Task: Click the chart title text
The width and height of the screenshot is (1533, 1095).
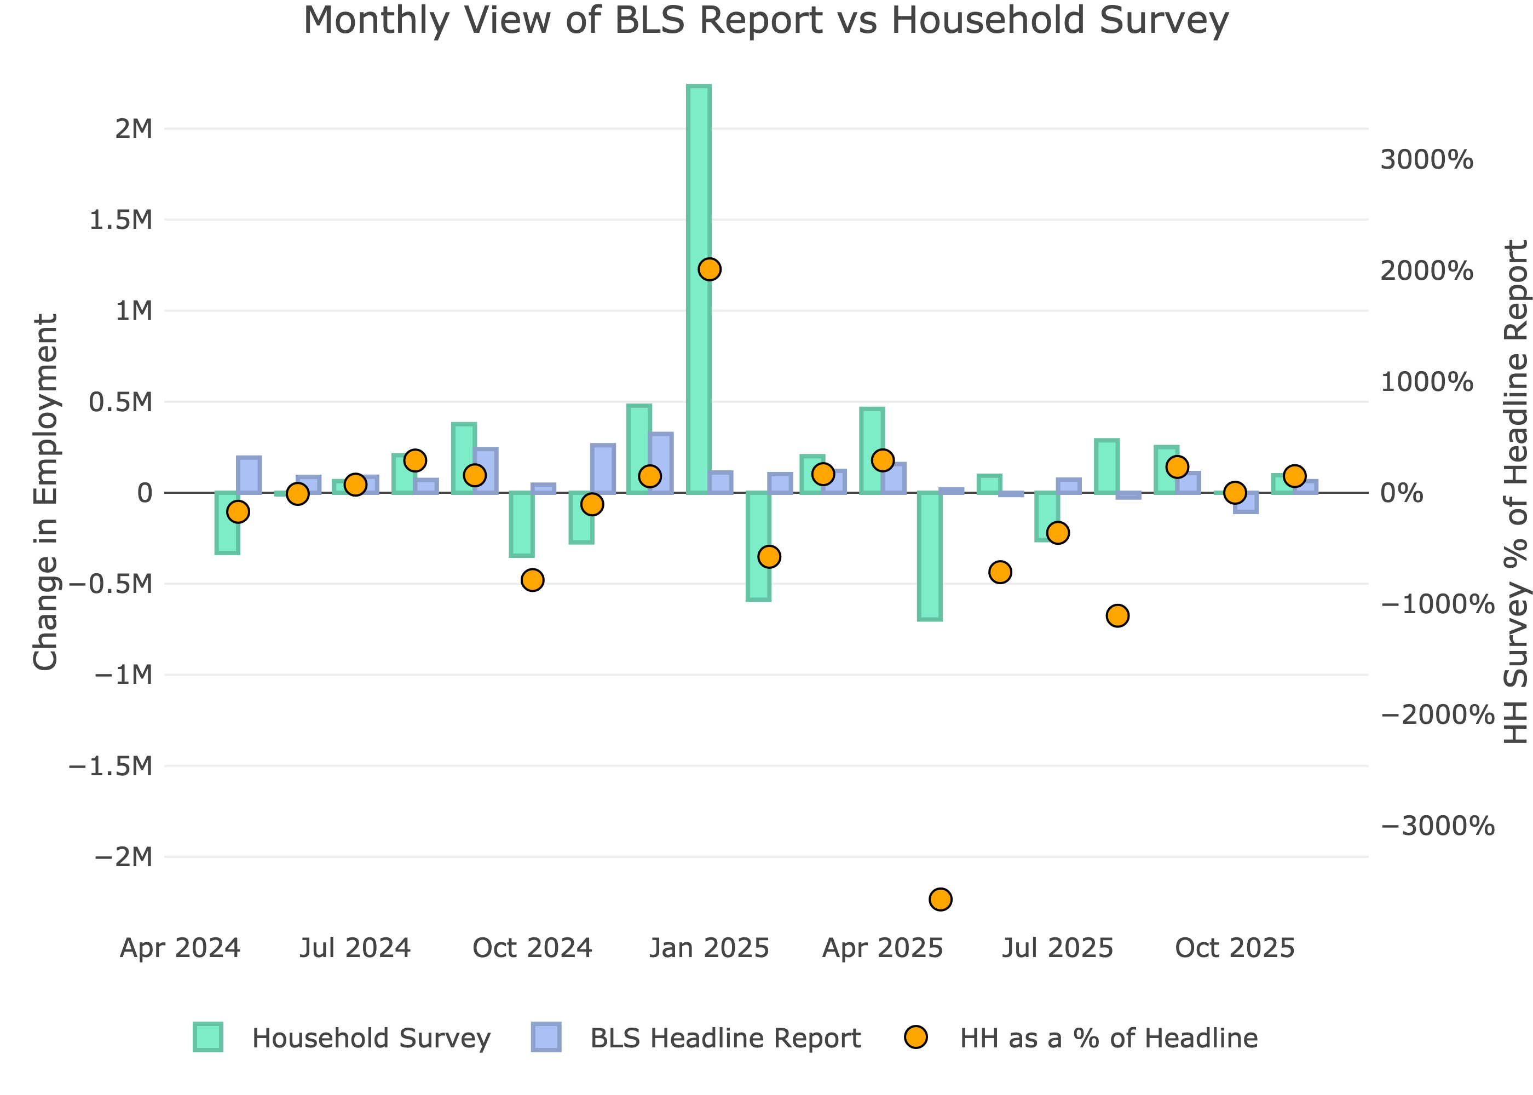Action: coord(766,20)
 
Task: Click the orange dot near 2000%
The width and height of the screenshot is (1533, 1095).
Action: coord(709,269)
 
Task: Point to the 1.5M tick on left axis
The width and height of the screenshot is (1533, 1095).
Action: coord(122,220)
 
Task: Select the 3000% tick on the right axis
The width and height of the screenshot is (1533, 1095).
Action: coord(1426,160)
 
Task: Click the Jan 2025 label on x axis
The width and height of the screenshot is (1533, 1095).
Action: coord(709,948)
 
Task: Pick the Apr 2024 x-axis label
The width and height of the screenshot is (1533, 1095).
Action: coord(180,948)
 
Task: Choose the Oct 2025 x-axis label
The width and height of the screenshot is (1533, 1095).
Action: coord(1235,948)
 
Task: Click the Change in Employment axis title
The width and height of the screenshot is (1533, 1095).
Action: coord(46,492)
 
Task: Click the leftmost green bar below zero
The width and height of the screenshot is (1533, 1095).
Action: coord(227,522)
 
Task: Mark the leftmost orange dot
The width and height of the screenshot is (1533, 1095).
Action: coord(238,512)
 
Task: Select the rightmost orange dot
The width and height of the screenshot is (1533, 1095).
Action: coord(1294,476)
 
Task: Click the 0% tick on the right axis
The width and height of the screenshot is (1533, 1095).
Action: coord(1402,493)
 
